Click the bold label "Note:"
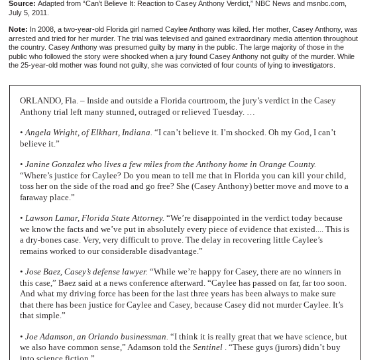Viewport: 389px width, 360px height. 18,29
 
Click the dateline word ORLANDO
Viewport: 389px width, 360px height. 40,101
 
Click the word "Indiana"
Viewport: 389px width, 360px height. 135,133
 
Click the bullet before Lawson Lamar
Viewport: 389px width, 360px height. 21,218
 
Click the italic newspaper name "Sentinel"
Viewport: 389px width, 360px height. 207,347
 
